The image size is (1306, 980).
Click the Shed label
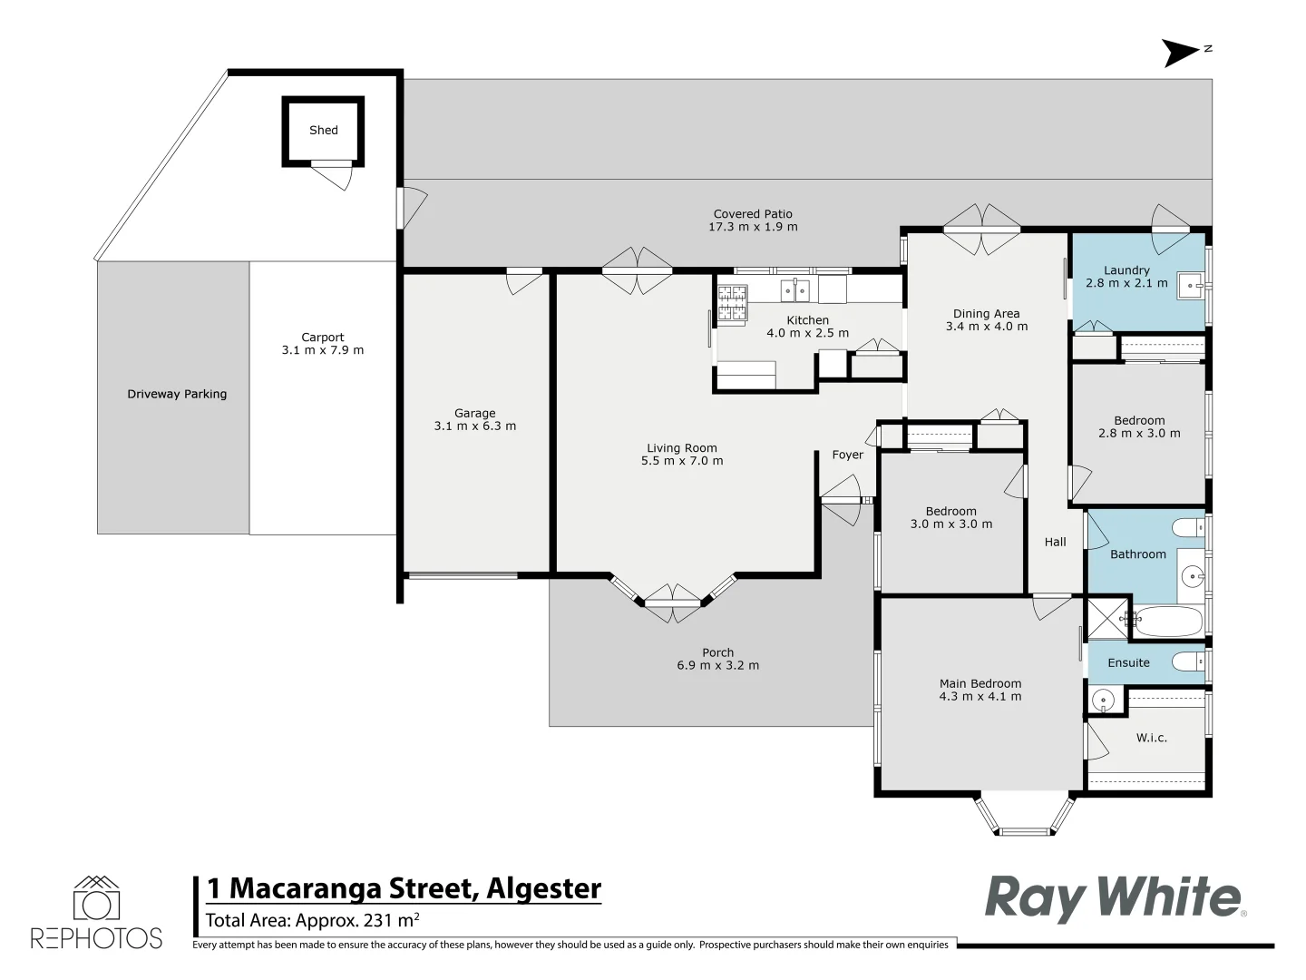(323, 131)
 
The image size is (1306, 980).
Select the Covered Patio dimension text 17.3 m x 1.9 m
(753, 227)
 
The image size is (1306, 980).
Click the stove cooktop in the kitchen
(733, 304)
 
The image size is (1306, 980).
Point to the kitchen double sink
(795, 290)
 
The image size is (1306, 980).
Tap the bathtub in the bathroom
(1168, 622)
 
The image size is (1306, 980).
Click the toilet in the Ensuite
(1187, 661)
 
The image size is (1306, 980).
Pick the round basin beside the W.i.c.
(1103, 700)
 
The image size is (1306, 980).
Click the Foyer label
(848, 456)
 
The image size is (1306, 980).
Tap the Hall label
(1055, 543)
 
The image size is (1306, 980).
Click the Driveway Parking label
(177, 395)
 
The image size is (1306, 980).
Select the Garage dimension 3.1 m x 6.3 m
(475, 426)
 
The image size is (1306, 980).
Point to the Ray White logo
(1114, 897)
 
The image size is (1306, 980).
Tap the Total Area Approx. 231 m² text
(312, 921)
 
